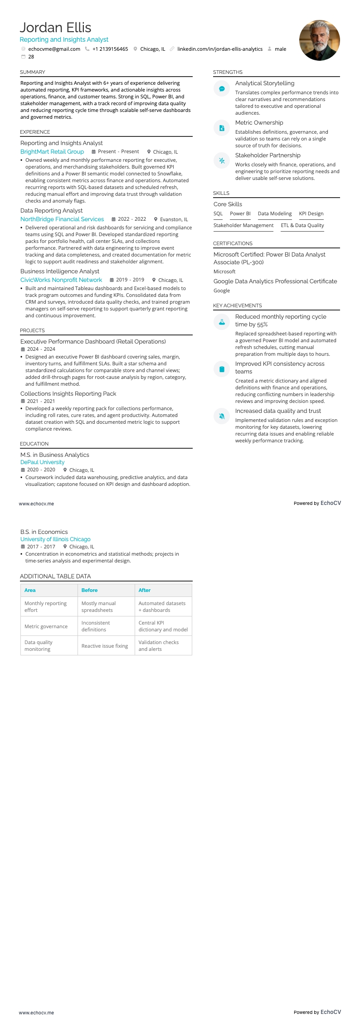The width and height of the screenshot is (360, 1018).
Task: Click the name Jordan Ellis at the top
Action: coord(55,28)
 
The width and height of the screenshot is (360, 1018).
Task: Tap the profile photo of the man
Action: coord(319,40)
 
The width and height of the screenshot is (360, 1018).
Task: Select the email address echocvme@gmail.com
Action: coord(54,49)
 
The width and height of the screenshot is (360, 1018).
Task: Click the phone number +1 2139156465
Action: coord(110,49)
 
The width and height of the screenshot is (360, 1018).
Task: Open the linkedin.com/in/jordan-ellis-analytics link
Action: coord(220,49)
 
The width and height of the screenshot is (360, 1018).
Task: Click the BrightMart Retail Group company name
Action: coord(52,152)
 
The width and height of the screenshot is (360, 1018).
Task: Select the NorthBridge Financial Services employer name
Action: coord(62,219)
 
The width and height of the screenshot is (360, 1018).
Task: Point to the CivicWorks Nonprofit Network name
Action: coord(61,280)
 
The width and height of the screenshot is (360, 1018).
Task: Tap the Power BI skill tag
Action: coord(240,214)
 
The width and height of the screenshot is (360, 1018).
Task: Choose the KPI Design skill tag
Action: coord(311,214)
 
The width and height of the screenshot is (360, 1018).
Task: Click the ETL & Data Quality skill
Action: coord(302,225)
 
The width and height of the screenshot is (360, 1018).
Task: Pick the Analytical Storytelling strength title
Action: coord(265,83)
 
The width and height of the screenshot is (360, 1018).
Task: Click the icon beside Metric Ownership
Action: coord(222,128)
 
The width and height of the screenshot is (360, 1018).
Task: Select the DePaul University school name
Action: coord(43,462)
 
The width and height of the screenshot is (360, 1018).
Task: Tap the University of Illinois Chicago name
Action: coord(55,539)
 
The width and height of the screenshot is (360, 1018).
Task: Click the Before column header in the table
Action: coord(89,590)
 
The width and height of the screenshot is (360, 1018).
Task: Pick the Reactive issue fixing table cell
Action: coord(105,646)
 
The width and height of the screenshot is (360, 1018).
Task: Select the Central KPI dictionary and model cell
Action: coord(163,626)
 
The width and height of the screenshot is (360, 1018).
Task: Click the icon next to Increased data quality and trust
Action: coord(222,416)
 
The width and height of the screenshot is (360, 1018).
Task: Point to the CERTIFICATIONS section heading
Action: coord(233,244)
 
